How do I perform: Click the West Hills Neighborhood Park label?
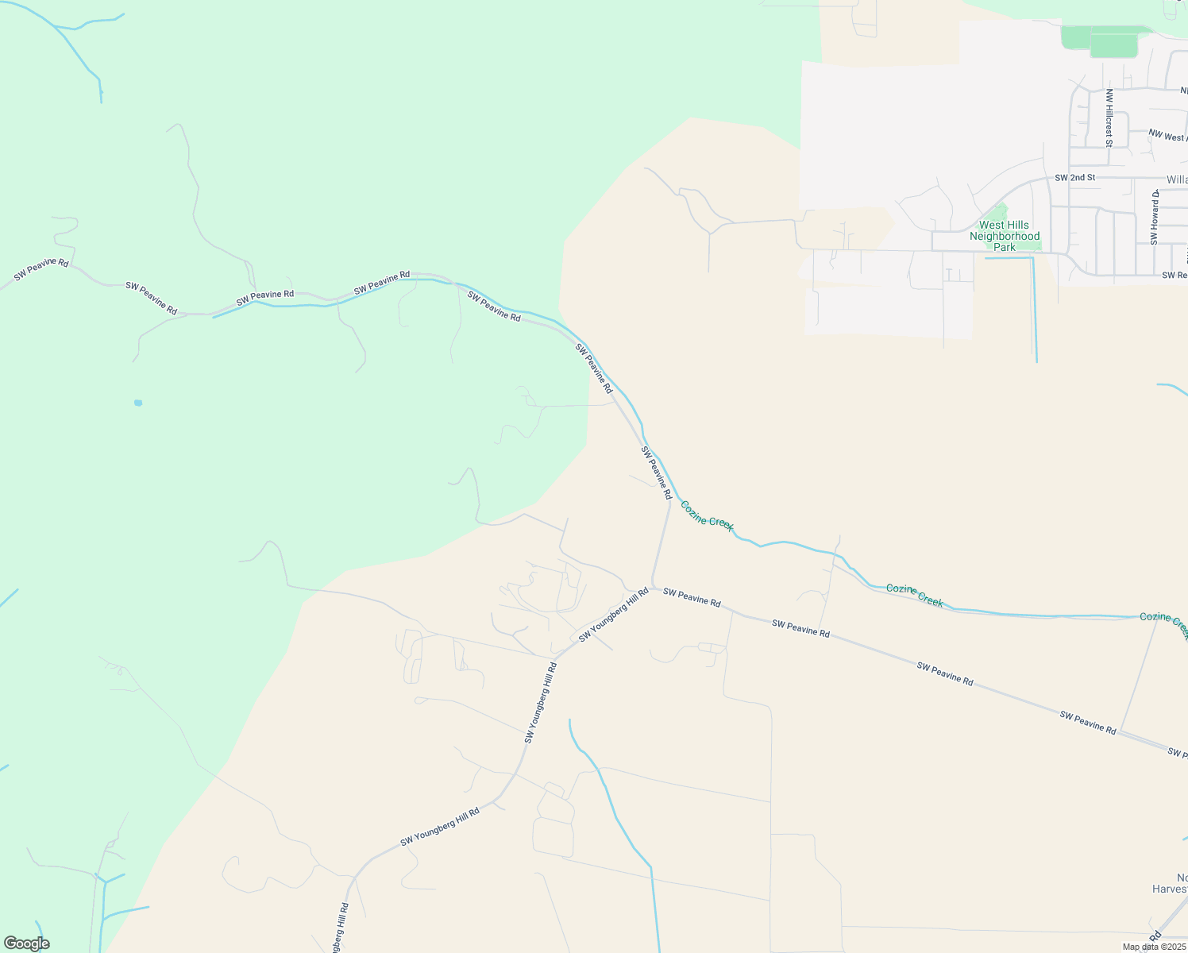click(1005, 236)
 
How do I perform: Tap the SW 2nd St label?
click(1074, 177)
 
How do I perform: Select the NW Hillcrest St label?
click(1109, 117)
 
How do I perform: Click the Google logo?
click(26, 943)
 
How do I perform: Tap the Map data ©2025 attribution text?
click(1154, 947)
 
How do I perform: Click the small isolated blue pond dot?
click(138, 403)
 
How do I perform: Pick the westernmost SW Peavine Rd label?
click(41, 269)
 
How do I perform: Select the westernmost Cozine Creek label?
click(707, 515)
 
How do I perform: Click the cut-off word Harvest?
click(1170, 889)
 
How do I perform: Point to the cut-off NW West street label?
click(1167, 137)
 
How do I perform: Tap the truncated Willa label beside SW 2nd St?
click(1177, 179)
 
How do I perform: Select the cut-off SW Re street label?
click(1174, 275)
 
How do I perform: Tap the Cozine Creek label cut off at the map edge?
click(1163, 620)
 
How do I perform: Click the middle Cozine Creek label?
click(914, 595)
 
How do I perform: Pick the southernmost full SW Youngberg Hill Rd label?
click(440, 827)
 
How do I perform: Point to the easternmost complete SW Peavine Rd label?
click(1087, 722)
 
